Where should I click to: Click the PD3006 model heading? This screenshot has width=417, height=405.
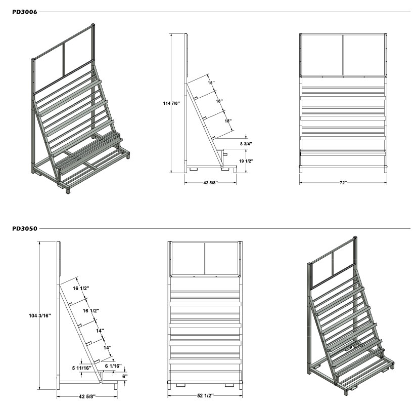(x=25, y=12)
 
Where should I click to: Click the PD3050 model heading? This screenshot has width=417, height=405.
(x=25, y=228)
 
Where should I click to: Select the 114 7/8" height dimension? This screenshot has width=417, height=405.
(x=171, y=103)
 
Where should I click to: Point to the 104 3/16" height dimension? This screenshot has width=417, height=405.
(x=40, y=316)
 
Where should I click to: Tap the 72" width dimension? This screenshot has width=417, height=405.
(x=343, y=183)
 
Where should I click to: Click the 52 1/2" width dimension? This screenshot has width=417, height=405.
(x=205, y=396)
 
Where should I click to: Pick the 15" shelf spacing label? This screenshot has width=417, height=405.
(x=211, y=83)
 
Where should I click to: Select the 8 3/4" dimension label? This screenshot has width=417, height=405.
(x=246, y=144)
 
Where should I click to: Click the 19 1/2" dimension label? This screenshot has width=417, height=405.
(x=246, y=161)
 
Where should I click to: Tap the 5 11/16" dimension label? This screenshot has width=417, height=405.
(x=82, y=368)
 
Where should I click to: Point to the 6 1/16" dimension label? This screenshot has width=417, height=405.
(x=113, y=366)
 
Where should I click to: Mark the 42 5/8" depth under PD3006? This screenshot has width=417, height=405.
(x=210, y=183)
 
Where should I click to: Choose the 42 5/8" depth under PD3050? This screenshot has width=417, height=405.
(x=87, y=396)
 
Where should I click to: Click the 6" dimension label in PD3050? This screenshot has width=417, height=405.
(x=125, y=377)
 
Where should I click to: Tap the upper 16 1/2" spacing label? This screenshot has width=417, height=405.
(x=81, y=288)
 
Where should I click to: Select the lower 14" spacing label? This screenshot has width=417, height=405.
(x=108, y=348)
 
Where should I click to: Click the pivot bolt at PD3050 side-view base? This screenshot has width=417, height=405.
(x=101, y=383)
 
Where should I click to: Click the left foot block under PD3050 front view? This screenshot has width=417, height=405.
(x=181, y=385)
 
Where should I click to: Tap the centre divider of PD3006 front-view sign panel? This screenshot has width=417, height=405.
(x=343, y=55)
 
